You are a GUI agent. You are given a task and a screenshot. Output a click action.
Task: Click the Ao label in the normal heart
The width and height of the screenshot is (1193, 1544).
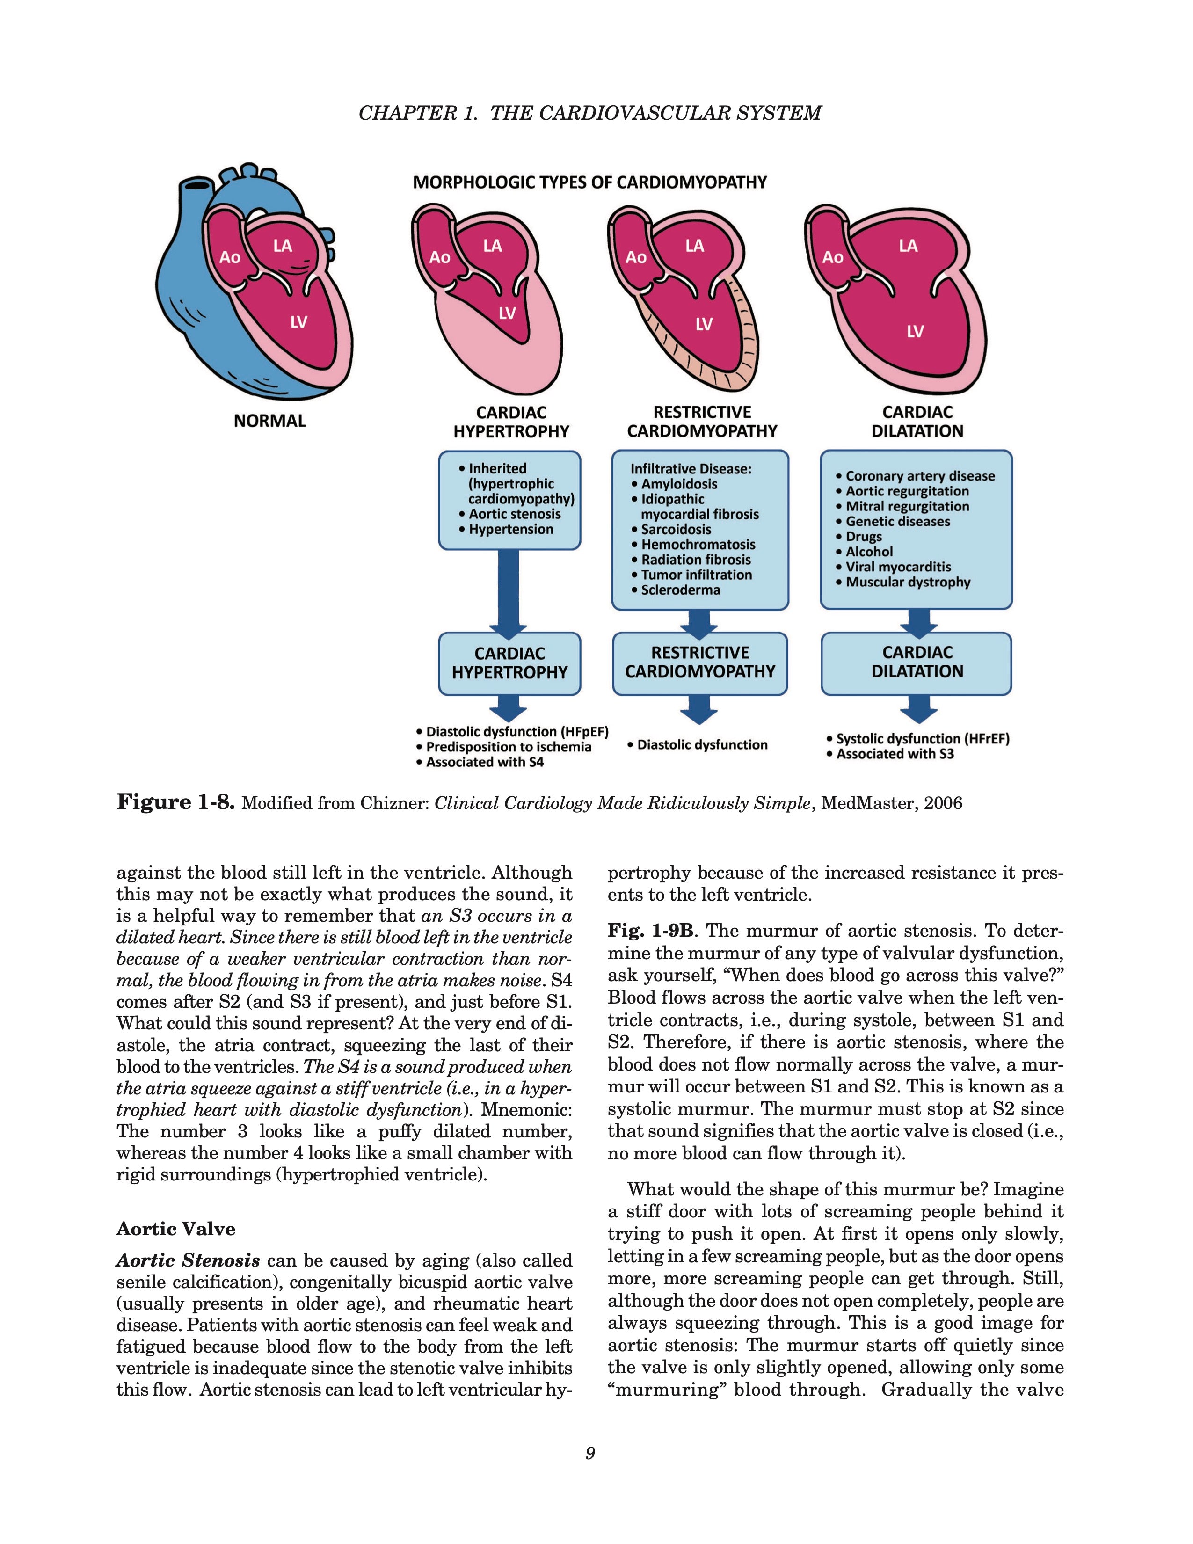[230, 257]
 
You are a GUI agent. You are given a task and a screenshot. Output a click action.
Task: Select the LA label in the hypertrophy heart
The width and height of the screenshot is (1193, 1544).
[493, 246]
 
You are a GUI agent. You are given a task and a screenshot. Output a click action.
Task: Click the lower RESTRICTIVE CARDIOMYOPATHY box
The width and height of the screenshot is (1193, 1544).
[700, 663]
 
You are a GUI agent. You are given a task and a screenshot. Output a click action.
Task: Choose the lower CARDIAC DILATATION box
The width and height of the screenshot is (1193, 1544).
[917, 663]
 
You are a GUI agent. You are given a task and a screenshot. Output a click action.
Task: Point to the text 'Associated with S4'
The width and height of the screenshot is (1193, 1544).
[484, 762]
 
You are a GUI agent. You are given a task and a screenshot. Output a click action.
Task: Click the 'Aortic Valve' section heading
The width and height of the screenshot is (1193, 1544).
[175, 1229]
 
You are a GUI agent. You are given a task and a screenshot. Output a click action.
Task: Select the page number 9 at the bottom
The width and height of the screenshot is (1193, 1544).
[590, 1454]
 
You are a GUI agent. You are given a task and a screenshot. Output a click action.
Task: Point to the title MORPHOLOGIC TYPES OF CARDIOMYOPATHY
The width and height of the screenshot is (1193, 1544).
[589, 182]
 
